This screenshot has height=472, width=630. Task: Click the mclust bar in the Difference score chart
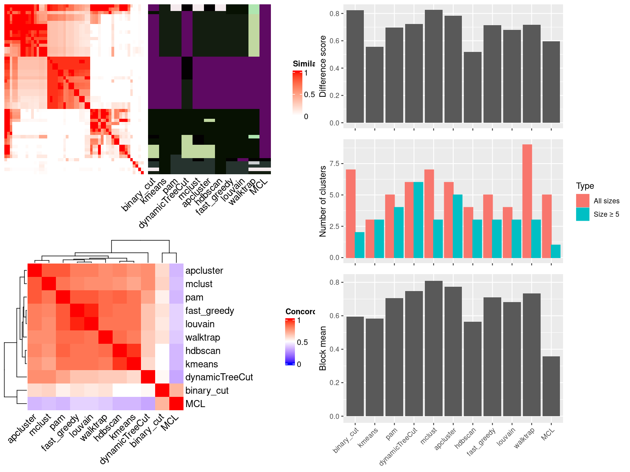click(x=434, y=66)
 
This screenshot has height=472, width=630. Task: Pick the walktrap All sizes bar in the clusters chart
click(x=527, y=201)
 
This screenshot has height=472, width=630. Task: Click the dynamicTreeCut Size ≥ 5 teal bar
click(x=419, y=220)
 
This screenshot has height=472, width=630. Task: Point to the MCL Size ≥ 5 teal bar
click(x=556, y=251)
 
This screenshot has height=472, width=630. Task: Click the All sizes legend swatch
click(x=583, y=201)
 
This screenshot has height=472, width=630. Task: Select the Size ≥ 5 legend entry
click(x=606, y=214)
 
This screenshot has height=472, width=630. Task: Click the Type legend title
click(x=585, y=186)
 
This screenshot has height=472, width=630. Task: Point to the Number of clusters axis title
click(x=323, y=201)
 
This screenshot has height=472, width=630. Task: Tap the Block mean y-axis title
click(x=323, y=348)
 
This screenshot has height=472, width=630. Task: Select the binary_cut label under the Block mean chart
click(x=346, y=440)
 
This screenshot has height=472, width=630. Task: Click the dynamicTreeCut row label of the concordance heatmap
click(x=219, y=377)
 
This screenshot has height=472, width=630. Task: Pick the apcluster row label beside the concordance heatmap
click(x=204, y=271)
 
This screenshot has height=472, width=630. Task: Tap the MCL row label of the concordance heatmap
click(x=195, y=404)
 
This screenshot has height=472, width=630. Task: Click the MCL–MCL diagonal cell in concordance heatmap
click(x=176, y=404)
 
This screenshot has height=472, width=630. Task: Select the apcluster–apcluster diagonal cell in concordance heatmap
click(x=35, y=271)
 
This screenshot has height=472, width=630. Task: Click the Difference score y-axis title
click(x=323, y=66)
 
